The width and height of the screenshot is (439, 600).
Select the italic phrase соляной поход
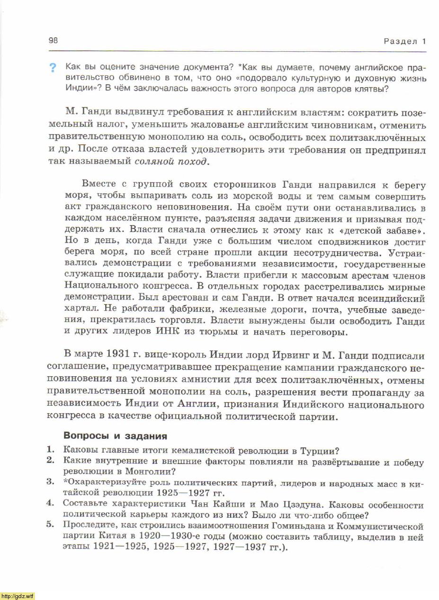click(x=171, y=161)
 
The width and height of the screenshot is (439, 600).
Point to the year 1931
click(x=109, y=356)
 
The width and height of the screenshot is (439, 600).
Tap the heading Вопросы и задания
click(x=115, y=436)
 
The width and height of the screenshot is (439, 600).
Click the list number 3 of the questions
click(x=49, y=482)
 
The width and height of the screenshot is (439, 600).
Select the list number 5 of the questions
click(x=49, y=525)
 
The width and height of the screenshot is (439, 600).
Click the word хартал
click(x=80, y=310)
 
